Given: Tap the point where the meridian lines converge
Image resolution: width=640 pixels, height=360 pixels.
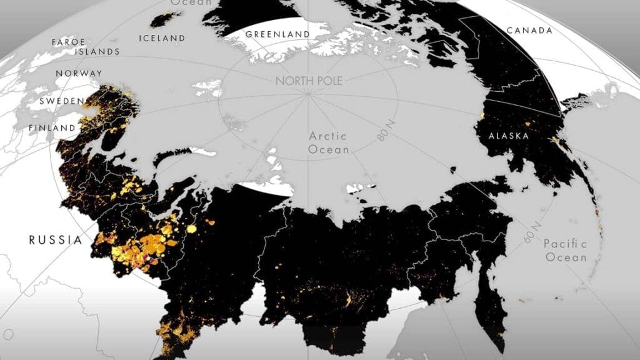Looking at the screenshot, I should coord(307,95).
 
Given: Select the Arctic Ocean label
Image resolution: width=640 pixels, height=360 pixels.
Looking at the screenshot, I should coord(329,142).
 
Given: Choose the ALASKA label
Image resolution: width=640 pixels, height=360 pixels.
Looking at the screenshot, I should coord(509,136).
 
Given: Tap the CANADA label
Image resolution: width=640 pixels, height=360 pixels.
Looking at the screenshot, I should coord(529,31).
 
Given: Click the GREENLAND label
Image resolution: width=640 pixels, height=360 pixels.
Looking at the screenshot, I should coord(277,34).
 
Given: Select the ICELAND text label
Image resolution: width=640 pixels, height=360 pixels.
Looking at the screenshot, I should coord(162,38).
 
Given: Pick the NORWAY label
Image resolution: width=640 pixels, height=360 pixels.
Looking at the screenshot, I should coord(79,74).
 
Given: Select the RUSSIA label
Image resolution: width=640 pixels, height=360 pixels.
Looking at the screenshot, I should coord(55,239).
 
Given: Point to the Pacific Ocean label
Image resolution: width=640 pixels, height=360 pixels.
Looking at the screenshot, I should coord(565,250).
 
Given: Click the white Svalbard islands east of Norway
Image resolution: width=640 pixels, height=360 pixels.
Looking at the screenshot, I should coord(209,88).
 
